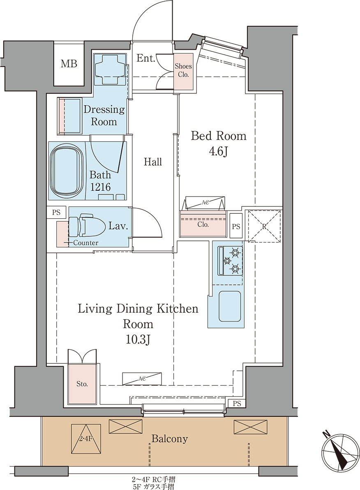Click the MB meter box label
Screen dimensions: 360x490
coord(69,64)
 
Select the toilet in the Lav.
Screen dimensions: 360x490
coord(86,225)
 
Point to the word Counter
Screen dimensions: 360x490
coord(85,243)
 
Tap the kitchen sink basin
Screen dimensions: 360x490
coord(230,306)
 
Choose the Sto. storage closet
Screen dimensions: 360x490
coord(82,384)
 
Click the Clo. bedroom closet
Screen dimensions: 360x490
coord(203,224)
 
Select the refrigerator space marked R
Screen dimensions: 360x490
coord(264,226)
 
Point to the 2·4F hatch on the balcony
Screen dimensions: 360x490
coord(86,439)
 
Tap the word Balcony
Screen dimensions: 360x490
coord(170,439)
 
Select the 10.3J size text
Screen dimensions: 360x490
coord(138,339)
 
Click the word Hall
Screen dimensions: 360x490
coord(153,162)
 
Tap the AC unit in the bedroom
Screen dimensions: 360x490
coord(205,203)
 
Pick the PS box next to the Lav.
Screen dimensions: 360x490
coord(56,213)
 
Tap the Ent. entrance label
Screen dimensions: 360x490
coord(146,58)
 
